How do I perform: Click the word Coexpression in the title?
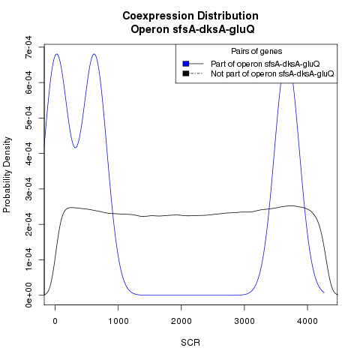(x=158, y=16)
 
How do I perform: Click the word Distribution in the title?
(x=228, y=16)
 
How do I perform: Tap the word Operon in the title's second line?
(x=150, y=29)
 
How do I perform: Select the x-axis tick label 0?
(x=55, y=321)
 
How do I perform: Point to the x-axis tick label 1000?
(x=118, y=321)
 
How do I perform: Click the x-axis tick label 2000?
(x=181, y=321)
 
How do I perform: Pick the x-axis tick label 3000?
(x=244, y=321)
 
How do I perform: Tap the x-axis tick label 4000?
(x=307, y=321)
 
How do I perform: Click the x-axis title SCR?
(x=190, y=343)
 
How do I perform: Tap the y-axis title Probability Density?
(x=7, y=175)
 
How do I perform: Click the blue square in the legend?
(x=186, y=64)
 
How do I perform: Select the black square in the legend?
(x=186, y=73)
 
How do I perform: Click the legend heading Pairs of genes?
(x=256, y=51)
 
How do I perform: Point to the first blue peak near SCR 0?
(x=57, y=54)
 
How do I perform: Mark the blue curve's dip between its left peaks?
(x=75, y=148)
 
